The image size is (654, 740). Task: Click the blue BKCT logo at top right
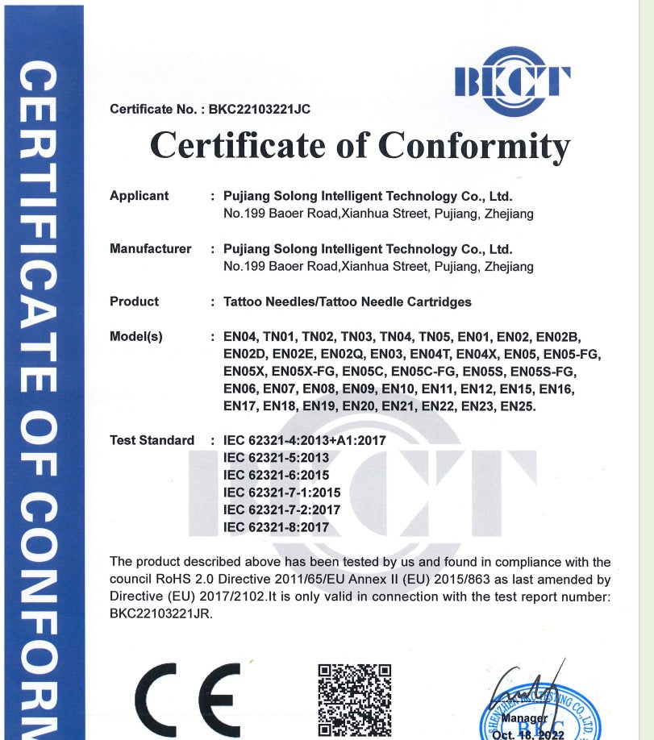(x=513, y=81)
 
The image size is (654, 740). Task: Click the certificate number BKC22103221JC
(x=259, y=110)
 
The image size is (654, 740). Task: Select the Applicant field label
(x=140, y=196)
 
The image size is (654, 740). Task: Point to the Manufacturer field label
(x=151, y=249)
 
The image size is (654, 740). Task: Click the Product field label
(x=135, y=301)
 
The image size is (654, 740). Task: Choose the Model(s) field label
(x=136, y=337)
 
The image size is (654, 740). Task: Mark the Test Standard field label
(x=152, y=441)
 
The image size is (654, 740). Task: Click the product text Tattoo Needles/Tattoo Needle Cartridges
(x=348, y=302)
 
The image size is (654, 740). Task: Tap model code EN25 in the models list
(x=518, y=407)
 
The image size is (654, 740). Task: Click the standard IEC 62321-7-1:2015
(x=282, y=493)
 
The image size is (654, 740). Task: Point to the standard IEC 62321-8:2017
(x=277, y=527)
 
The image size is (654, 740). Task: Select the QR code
(x=354, y=700)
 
